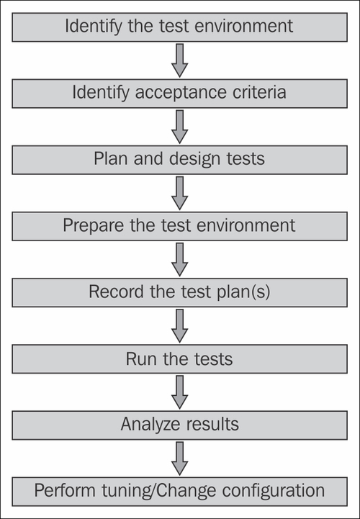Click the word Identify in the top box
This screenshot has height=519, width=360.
[94, 26]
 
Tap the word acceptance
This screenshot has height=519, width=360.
[181, 92]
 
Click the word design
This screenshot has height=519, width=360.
[195, 159]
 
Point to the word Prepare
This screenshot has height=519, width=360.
[94, 226]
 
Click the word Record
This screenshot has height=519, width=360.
[117, 292]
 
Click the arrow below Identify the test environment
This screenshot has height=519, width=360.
[179, 60]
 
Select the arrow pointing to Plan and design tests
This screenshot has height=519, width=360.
[179, 127]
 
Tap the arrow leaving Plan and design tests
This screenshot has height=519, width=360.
[179, 194]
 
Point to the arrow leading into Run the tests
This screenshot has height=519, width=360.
[179, 326]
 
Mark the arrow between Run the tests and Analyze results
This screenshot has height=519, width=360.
[179, 392]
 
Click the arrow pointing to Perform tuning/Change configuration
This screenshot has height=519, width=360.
[179, 459]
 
